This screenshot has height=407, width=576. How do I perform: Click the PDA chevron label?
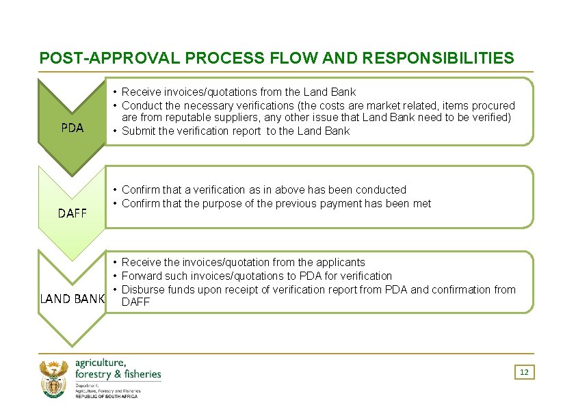72,128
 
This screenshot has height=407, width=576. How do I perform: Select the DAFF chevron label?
72,213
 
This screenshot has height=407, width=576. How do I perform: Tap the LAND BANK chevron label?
72,299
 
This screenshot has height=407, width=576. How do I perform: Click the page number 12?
524,372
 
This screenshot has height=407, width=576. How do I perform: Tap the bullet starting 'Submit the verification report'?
235,131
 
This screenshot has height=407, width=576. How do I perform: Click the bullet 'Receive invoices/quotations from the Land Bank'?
239,92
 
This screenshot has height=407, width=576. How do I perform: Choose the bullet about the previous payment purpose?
276,203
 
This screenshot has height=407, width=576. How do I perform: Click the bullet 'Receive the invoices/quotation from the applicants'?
243,262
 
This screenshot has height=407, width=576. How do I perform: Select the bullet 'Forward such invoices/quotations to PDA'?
257,276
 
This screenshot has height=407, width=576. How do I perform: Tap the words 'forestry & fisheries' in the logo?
118,374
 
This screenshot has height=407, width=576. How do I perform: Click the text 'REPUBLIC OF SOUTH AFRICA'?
106,397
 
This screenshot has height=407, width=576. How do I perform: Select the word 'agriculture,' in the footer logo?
101,363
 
